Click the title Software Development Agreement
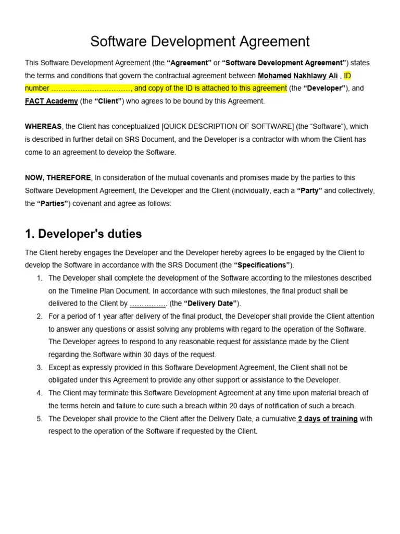click(x=200, y=41)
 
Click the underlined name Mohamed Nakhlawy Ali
click(x=297, y=76)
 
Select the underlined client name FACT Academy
click(x=52, y=101)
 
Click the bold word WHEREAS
click(x=43, y=127)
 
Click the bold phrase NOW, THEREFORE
click(x=58, y=178)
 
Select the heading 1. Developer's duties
click(x=83, y=234)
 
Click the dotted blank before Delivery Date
click(x=148, y=304)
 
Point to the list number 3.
click(x=40, y=368)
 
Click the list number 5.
click(x=40, y=419)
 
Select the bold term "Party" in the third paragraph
click(x=310, y=191)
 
